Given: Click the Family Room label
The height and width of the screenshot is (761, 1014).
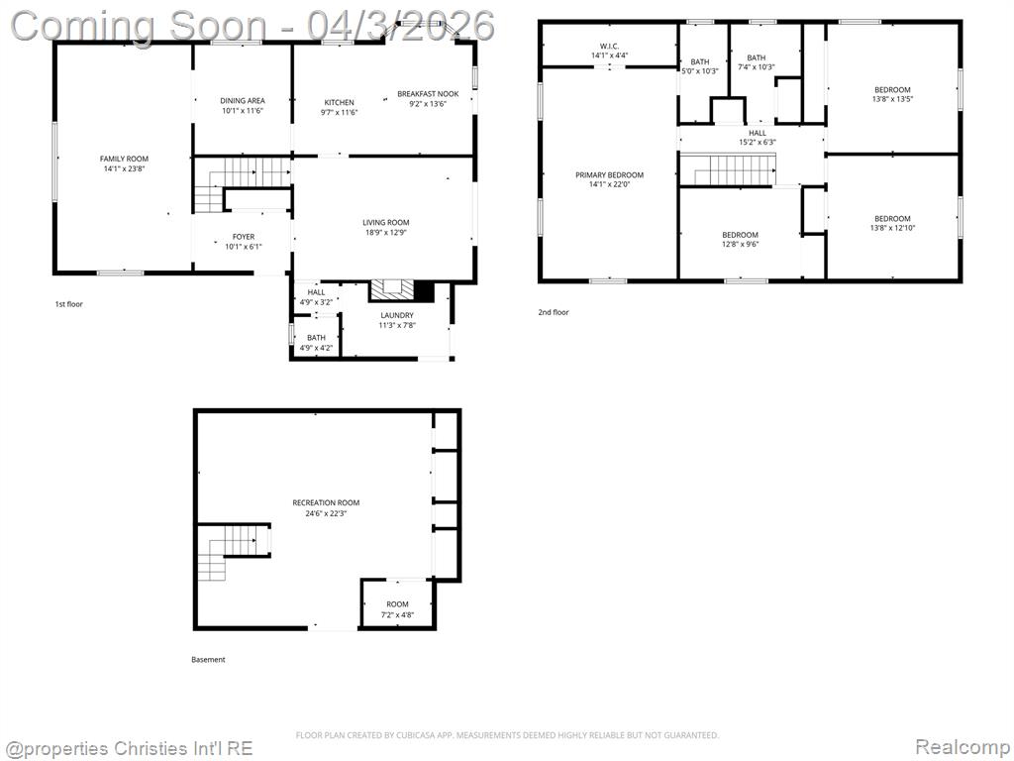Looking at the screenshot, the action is [124, 159].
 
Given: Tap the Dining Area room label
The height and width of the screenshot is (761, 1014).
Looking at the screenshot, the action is [243, 100].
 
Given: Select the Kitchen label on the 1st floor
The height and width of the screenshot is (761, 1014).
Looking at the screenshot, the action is [340, 102].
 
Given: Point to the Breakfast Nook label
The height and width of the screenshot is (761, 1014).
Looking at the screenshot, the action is [428, 94].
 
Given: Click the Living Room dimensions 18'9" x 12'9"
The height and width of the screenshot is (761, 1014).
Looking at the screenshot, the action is [386, 232].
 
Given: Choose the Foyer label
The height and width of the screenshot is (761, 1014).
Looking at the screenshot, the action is [244, 237].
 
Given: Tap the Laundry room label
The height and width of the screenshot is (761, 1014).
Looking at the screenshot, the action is [397, 315].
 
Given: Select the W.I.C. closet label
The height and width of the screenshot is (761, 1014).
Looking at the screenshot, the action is [610, 46].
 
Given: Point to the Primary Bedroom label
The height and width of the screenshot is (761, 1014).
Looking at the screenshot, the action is [610, 174].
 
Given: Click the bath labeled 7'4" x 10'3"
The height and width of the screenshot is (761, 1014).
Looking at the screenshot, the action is [757, 62].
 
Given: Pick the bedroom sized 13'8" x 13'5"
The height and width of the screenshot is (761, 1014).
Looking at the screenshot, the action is [892, 94].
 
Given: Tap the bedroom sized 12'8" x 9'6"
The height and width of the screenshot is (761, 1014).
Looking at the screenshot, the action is [741, 240].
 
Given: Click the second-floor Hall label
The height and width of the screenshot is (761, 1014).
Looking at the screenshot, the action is [758, 133].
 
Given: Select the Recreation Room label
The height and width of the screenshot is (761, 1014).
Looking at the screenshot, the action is [326, 502].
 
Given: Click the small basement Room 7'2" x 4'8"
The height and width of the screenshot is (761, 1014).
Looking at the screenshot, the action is [398, 609].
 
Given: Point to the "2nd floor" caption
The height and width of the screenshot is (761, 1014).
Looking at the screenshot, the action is [554, 312].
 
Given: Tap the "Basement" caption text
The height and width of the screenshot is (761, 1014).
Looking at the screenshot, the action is [208, 659].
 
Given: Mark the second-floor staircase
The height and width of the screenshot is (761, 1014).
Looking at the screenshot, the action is [735, 169].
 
